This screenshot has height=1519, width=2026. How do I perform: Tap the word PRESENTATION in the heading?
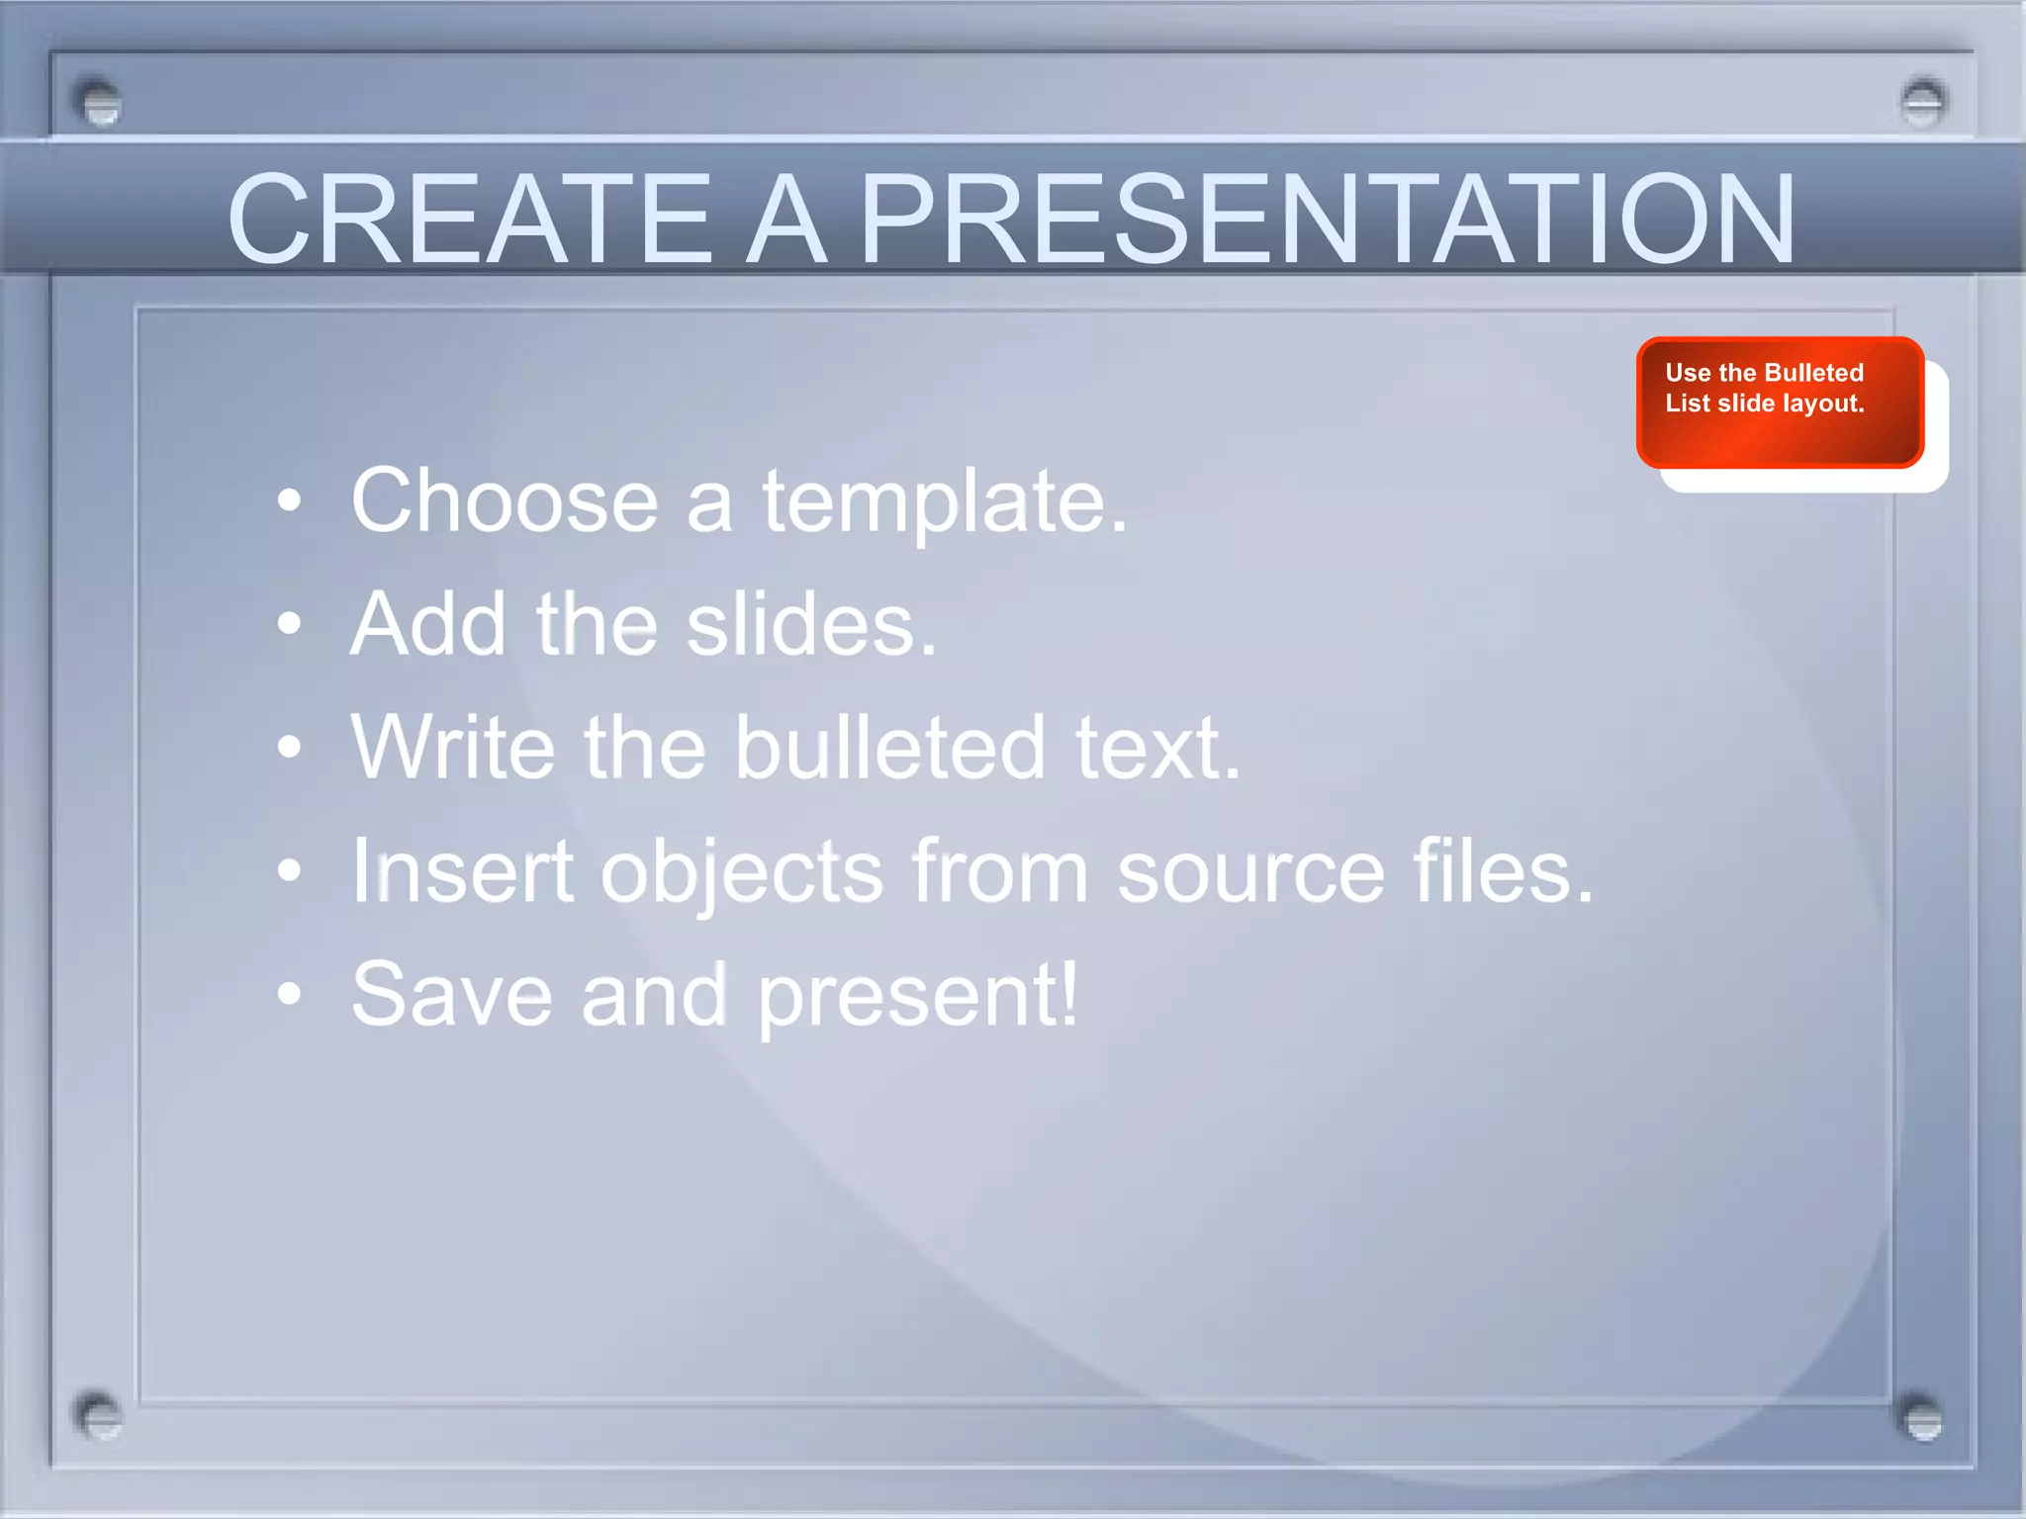(1326, 220)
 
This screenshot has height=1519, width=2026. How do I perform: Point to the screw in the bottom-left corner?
(98, 1417)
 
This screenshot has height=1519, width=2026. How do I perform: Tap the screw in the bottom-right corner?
(1922, 1420)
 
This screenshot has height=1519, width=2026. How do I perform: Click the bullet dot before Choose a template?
(289, 501)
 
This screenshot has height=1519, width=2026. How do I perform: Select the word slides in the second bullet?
(810, 625)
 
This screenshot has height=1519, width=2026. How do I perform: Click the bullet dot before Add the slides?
(289, 624)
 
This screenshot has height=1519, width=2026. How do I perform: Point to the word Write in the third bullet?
(452, 748)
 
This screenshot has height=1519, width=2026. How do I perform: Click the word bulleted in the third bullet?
(889, 748)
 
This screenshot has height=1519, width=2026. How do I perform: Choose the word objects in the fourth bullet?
(741, 872)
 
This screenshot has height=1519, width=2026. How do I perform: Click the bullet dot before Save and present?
(289, 994)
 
